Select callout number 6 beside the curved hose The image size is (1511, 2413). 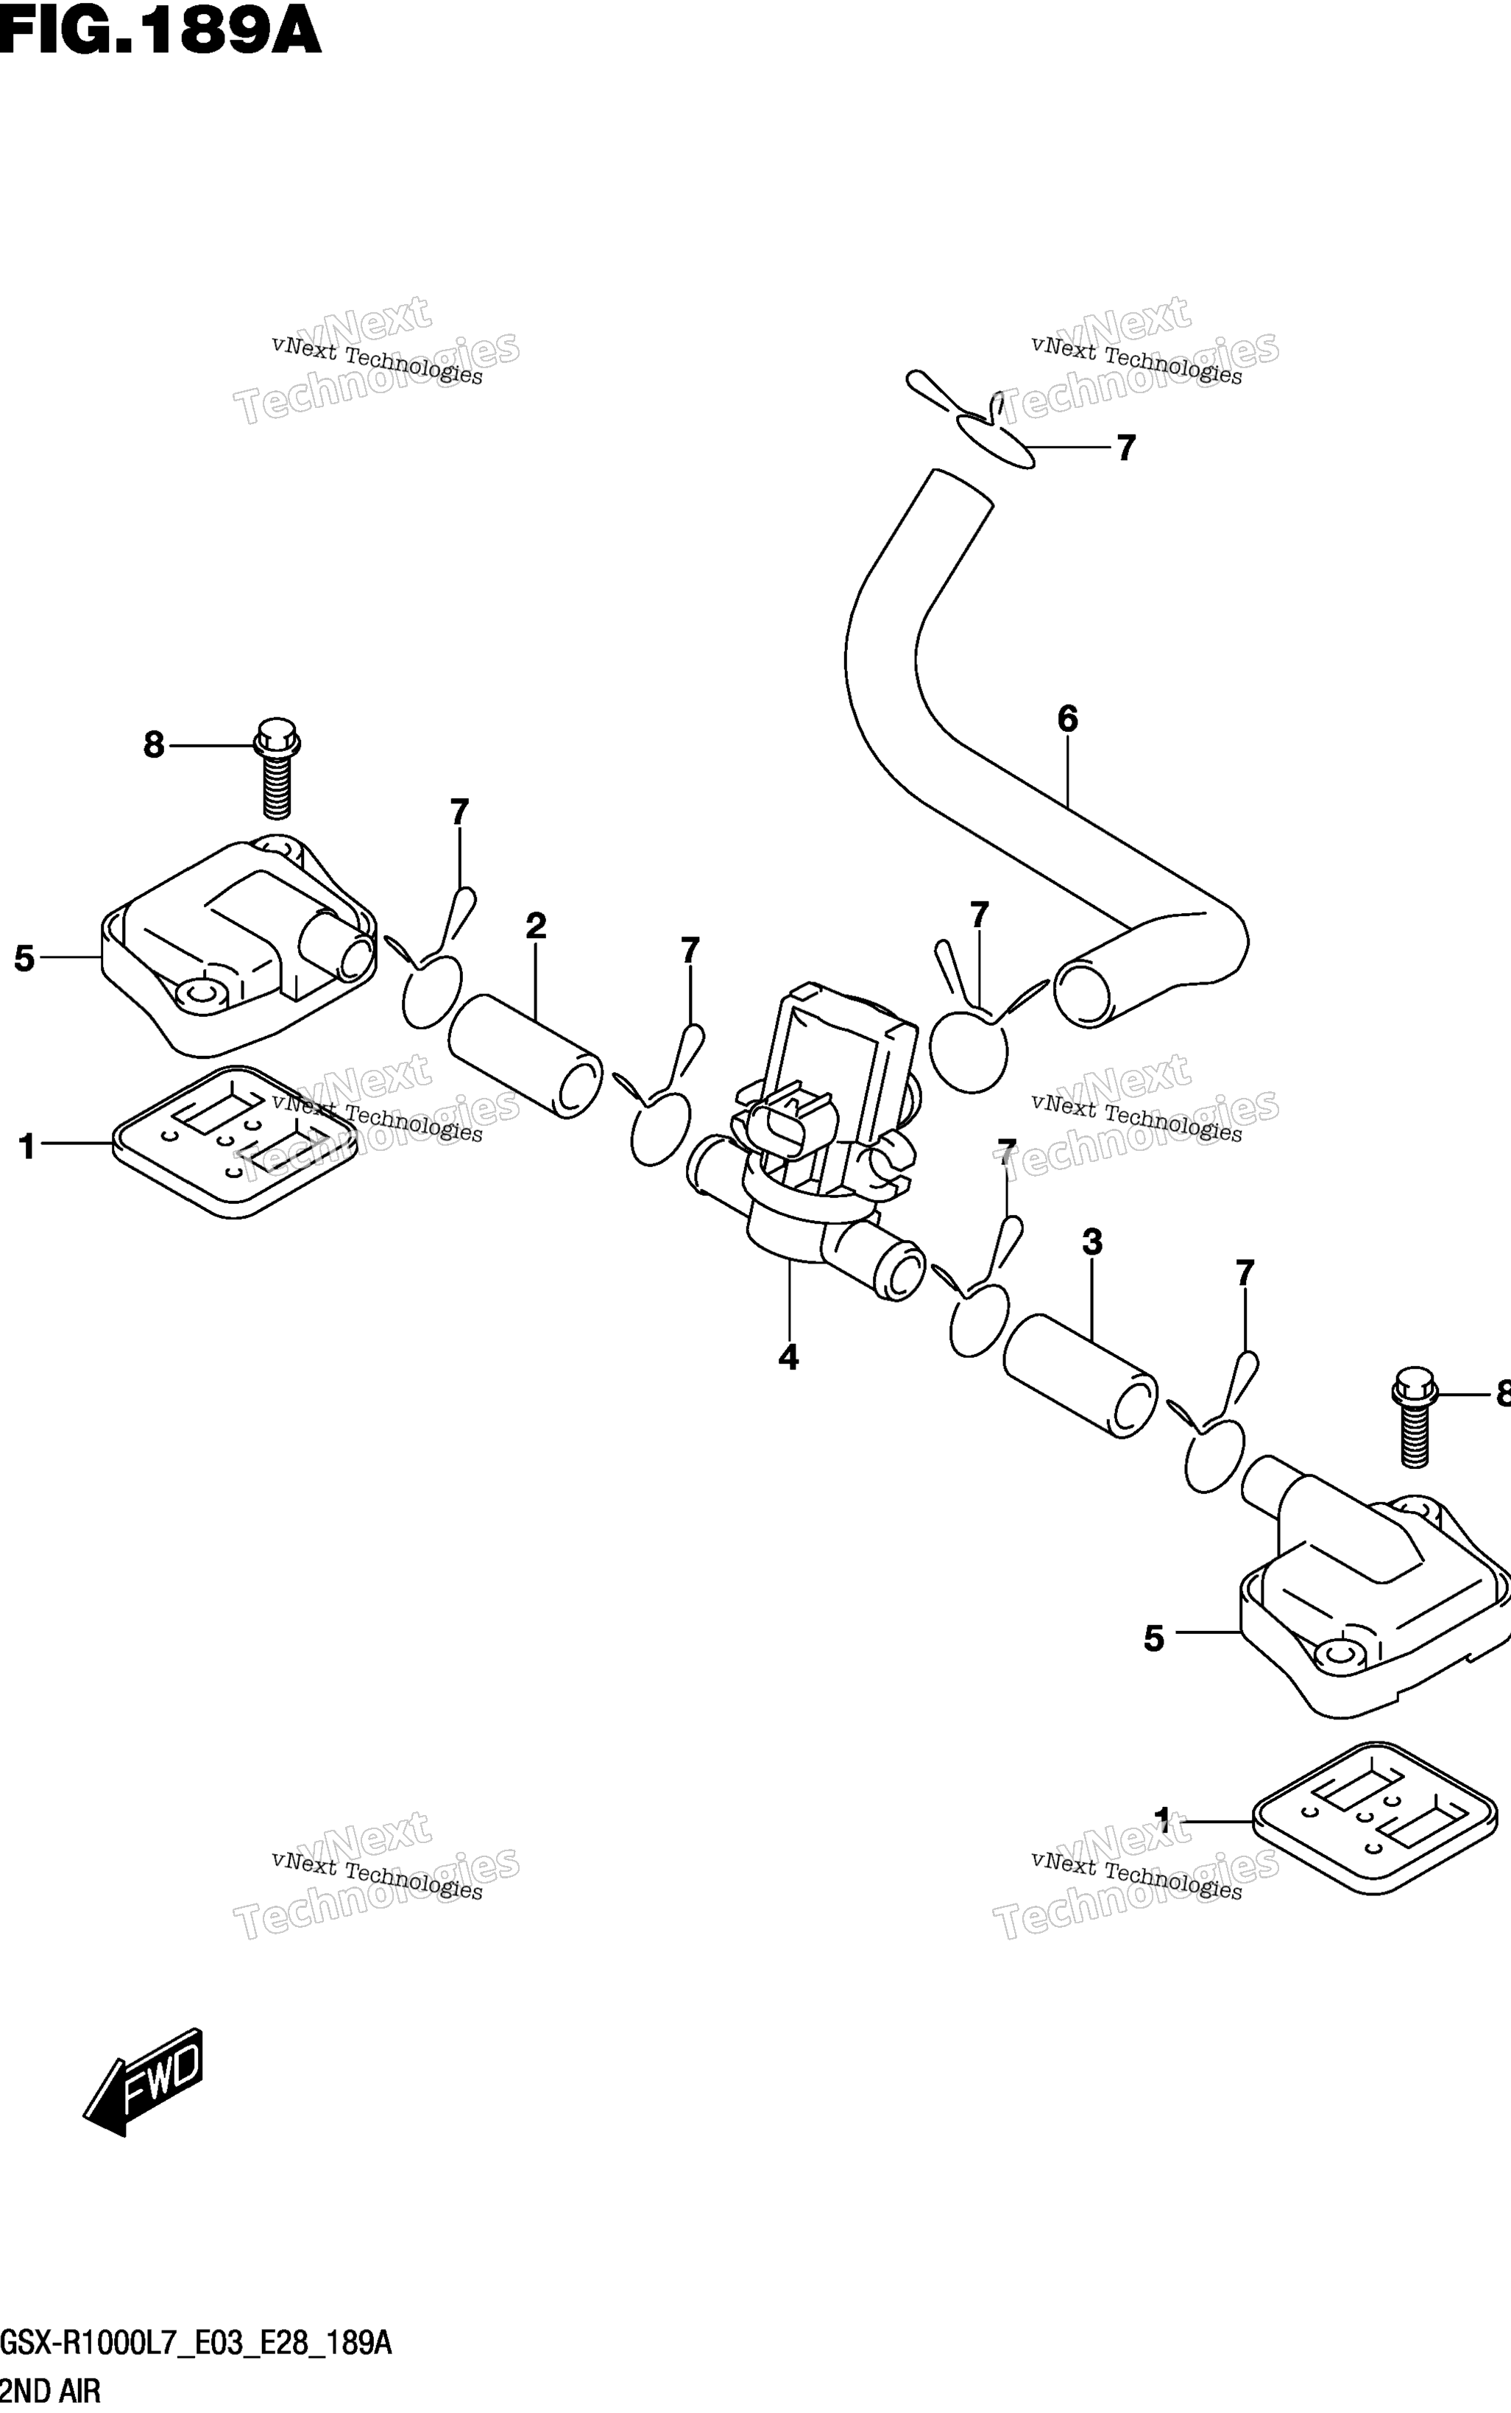pyautogui.click(x=1067, y=719)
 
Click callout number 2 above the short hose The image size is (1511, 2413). pyautogui.click(x=536, y=926)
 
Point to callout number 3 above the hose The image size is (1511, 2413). pyautogui.click(x=1092, y=1242)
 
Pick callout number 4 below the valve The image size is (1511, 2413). pyautogui.click(x=788, y=1357)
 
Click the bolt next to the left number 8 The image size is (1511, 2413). pyautogui.click(x=277, y=768)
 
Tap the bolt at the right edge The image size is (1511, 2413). pyautogui.click(x=1414, y=1417)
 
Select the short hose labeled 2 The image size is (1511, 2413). pyautogui.click(x=526, y=1056)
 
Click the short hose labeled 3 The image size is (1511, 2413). pyautogui.click(x=1080, y=1376)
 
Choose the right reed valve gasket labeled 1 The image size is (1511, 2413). pyautogui.click(x=1375, y=1818)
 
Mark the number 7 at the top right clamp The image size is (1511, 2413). pyautogui.click(x=1126, y=448)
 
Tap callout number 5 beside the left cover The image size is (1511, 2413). pyautogui.click(x=25, y=959)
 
